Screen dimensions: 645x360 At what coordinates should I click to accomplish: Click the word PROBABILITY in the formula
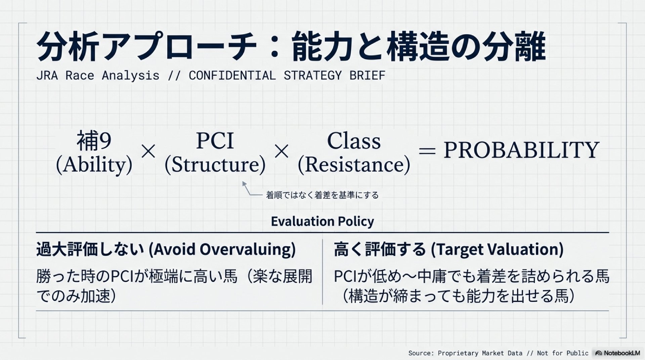tap(521, 150)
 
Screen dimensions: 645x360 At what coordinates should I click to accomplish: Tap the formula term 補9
tap(94, 141)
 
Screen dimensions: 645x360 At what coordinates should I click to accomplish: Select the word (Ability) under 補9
tap(94, 165)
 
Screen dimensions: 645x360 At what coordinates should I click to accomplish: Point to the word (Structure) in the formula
tap(215, 165)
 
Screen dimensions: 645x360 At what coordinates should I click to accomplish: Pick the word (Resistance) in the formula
tap(354, 165)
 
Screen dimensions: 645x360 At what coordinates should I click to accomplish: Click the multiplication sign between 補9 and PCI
tap(148, 151)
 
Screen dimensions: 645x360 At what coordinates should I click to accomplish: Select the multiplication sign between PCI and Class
tap(282, 151)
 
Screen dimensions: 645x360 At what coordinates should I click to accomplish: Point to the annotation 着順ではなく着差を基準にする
tap(322, 195)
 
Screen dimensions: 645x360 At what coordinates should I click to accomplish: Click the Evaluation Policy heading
tap(322, 221)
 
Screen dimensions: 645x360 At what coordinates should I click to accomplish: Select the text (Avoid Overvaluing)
tap(222, 250)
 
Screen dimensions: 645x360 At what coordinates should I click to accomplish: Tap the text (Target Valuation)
tap(497, 250)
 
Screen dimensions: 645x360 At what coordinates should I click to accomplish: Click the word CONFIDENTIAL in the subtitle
tap(232, 76)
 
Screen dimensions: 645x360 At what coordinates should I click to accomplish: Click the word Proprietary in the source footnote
tap(458, 353)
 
